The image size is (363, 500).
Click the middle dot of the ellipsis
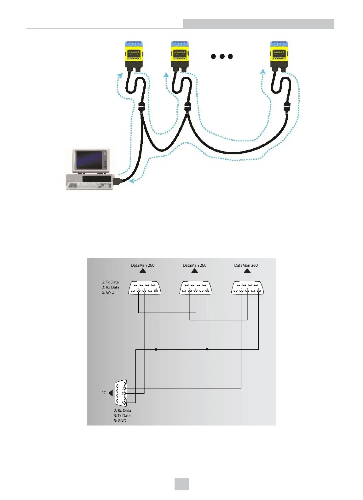tap(222, 57)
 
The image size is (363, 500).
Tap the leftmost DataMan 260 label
tap(142, 265)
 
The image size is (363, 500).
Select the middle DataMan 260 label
tap(194, 265)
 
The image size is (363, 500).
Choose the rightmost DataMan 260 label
tap(246, 265)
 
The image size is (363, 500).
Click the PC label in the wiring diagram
tap(104, 393)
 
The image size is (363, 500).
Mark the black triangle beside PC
tap(110, 393)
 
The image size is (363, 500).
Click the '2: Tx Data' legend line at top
tap(110, 282)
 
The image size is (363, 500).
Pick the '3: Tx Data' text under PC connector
tap(122, 416)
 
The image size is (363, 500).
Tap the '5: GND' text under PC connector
tap(120, 421)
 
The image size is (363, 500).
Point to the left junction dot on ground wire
tap(156, 349)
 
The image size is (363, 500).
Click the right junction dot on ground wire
tap(207, 349)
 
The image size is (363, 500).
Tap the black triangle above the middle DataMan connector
tap(195, 271)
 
